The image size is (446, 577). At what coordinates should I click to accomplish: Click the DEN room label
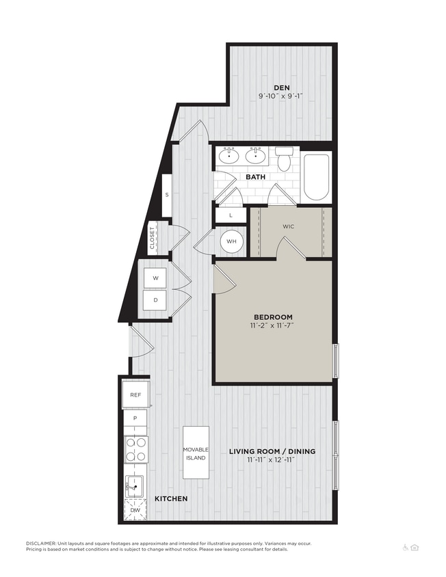point(281,87)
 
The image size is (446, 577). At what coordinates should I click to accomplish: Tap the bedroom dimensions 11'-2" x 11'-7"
point(273,326)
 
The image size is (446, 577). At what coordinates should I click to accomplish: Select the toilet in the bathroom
point(285,159)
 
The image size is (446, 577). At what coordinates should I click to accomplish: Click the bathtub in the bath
point(316,177)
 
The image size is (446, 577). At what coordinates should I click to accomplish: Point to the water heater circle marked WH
point(231,241)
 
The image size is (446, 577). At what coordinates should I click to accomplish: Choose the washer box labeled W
point(155,278)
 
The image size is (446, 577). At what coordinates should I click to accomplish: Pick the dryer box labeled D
point(155,299)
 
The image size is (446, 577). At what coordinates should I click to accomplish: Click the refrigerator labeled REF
point(135,394)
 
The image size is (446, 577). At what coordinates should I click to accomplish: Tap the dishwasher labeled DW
point(135,510)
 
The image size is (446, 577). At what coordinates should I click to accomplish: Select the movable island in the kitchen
point(196,453)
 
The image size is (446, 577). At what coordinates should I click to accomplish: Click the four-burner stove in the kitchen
point(136,449)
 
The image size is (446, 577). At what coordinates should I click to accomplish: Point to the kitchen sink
point(135,487)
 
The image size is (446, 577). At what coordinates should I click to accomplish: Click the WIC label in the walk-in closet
point(288,226)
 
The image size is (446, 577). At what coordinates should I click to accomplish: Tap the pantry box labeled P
point(135,418)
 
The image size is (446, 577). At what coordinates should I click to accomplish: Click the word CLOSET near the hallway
point(152,239)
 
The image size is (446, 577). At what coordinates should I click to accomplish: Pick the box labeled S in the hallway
point(166,194)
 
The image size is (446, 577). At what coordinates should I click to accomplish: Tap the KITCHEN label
point(170,499)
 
